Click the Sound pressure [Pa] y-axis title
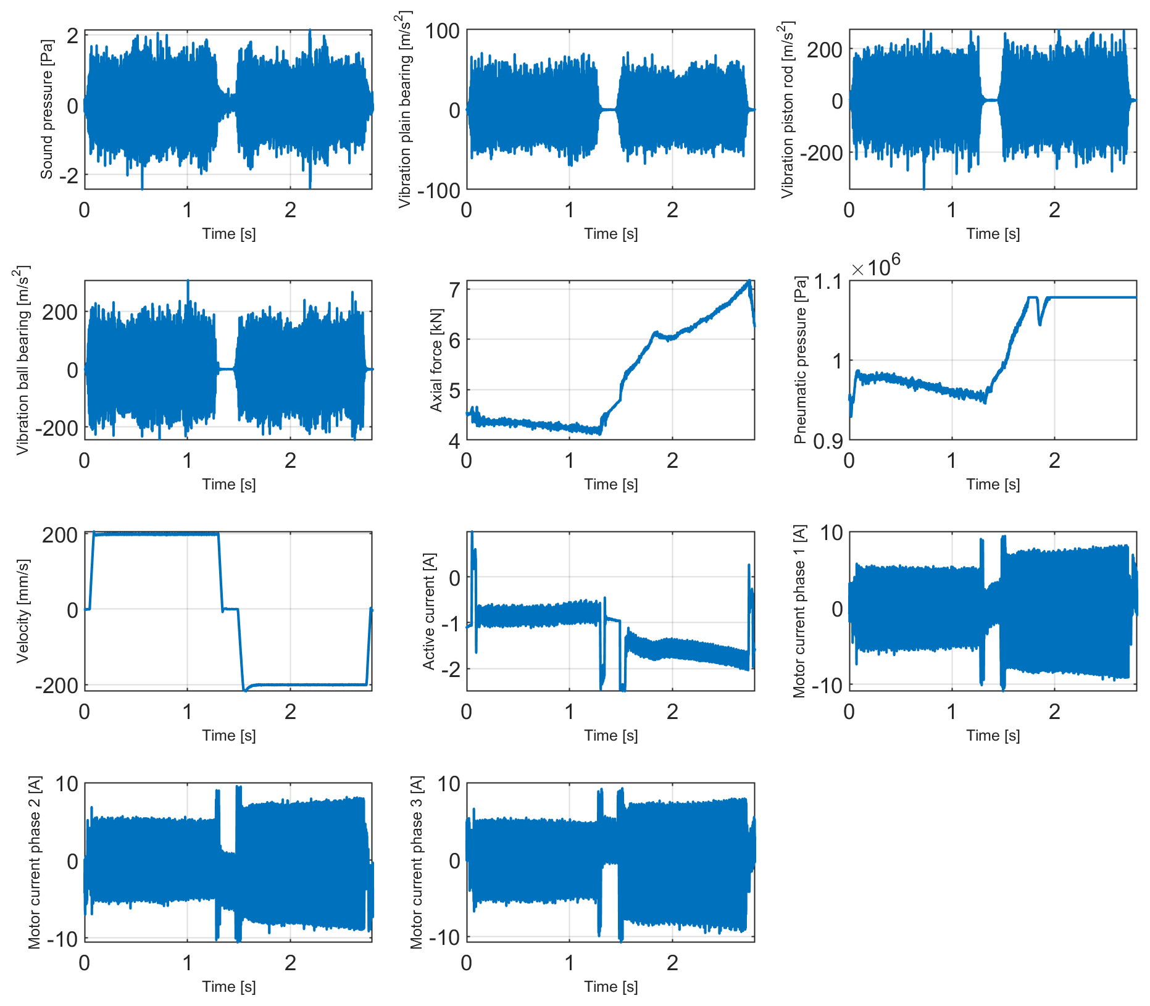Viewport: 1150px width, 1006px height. tap(47, 109)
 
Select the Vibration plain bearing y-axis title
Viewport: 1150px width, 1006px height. tap(405, 109)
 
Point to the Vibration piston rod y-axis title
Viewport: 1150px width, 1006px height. tap(787, 109)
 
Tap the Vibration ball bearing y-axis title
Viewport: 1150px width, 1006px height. tap(23, 360)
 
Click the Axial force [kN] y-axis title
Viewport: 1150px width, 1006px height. tap(436, 360)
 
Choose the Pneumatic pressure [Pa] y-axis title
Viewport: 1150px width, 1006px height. tap(800, 360)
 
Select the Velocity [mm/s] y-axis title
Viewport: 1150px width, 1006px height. tap(23, 611)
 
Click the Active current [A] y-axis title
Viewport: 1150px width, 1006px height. tap(429, 611)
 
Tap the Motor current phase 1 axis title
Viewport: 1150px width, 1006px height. tap(799, 611)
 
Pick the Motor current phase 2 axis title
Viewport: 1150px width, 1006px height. tap(35, 862)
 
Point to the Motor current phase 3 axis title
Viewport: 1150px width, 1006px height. tap(417, 862)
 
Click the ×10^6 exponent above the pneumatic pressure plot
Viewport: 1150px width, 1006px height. tap(876, 267)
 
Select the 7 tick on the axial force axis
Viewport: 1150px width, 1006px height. tap(454, 289)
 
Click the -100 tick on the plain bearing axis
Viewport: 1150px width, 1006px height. tap(439, 191)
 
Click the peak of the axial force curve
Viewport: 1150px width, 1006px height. tap(749, 281)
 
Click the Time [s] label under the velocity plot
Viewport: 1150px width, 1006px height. tap(228, 735)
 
